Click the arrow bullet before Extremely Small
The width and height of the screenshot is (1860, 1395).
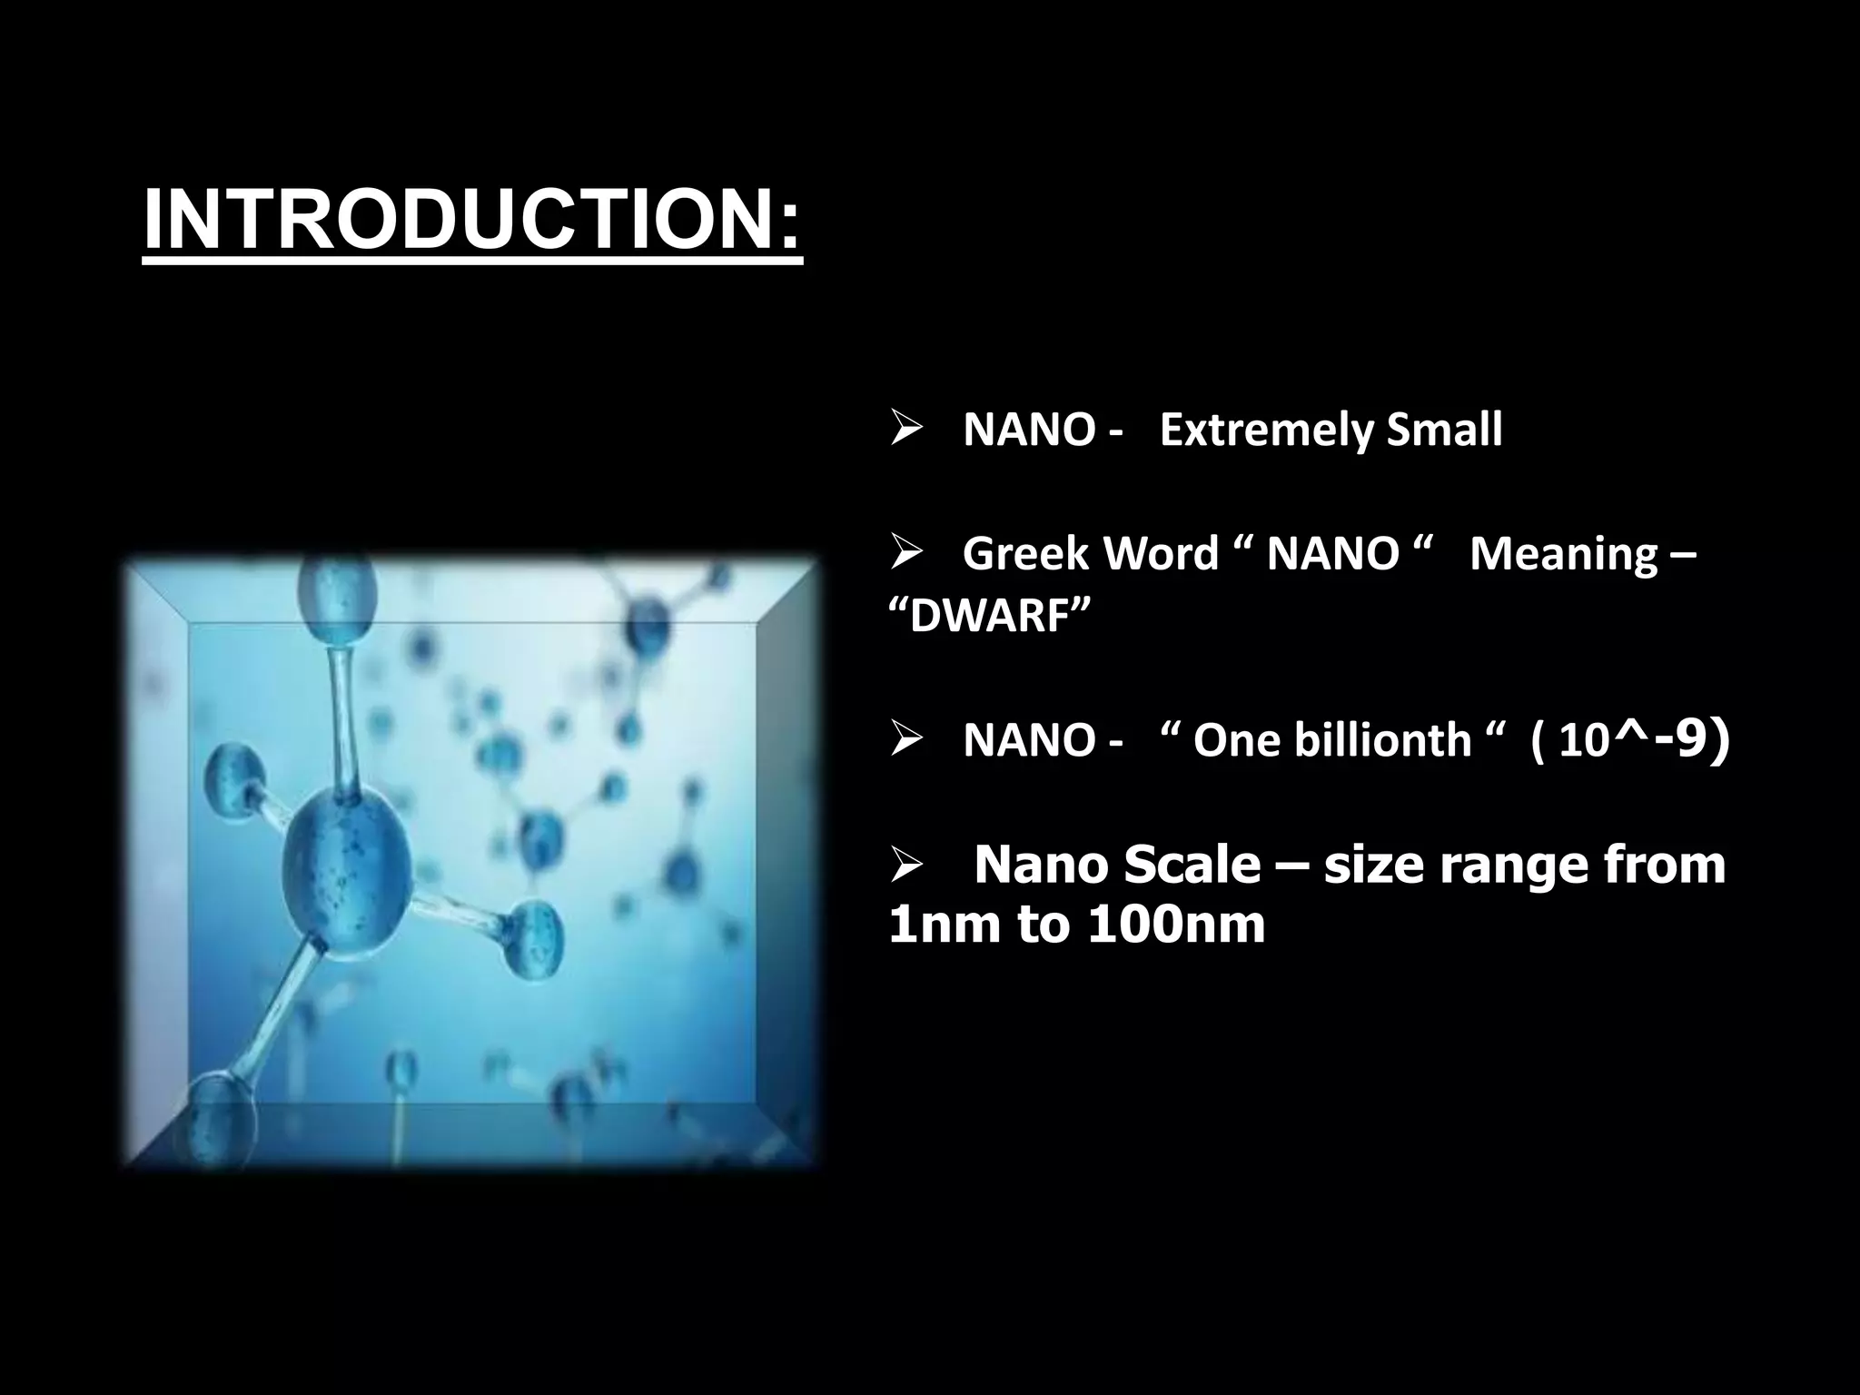[x=905, y=430]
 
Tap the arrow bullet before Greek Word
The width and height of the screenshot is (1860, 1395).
[x=905, y=553]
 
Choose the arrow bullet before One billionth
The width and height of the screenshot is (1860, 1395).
[x=905, y=740]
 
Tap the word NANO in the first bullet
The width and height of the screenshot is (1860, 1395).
[x=1028, y=430]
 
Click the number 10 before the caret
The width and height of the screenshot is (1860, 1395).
[x=1584, y=741]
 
